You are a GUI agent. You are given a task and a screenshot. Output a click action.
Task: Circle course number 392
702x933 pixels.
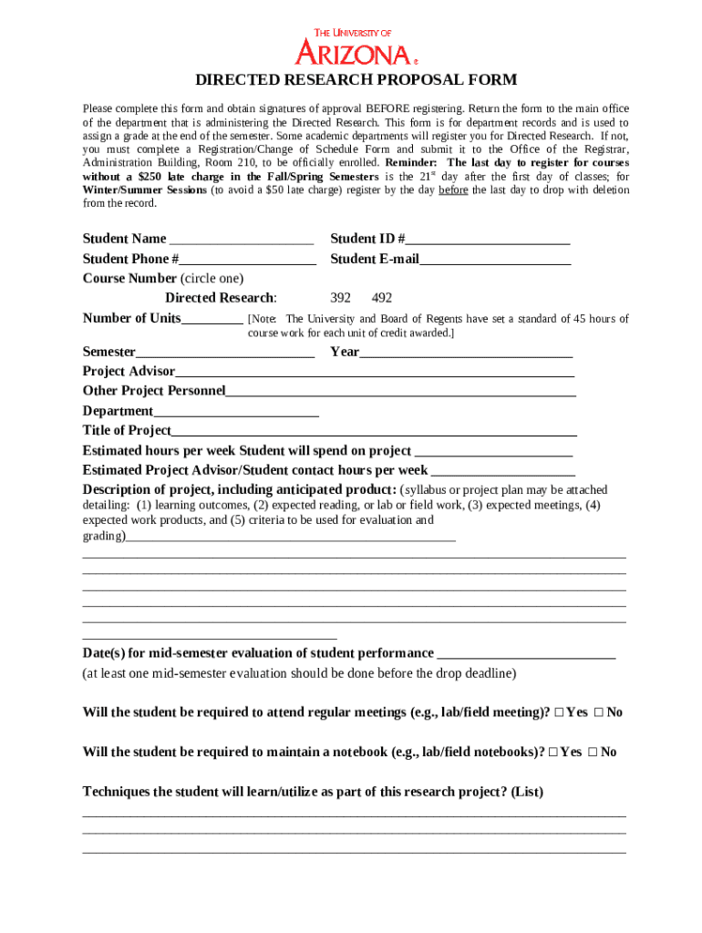[x=340, y=298]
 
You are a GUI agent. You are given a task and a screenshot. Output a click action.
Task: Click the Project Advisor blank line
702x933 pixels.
[x=375, y=372]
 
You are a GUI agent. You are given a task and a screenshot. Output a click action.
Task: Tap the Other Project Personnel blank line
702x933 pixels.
[x=400, y=392]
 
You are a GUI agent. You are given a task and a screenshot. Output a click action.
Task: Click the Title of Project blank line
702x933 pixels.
[x=374, y=431]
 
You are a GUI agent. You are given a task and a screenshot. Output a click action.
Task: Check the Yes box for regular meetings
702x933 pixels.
[x=559, y=713]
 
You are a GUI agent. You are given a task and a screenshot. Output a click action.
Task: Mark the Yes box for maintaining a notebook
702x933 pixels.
[x=553, y=753]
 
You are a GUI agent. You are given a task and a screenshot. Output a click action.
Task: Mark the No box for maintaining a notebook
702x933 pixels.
[x=594, y=753]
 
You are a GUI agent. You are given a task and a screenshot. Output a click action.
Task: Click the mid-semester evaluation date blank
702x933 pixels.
[x=526, y=654]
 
